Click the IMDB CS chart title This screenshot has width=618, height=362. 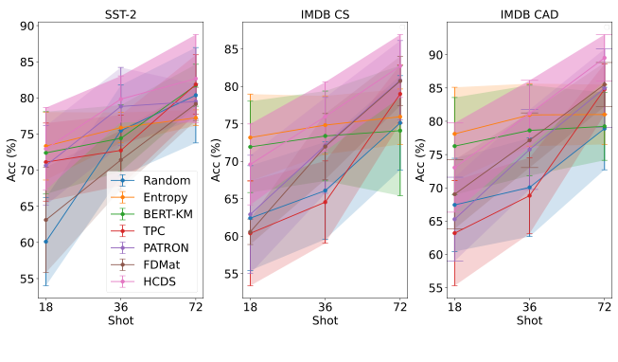325,11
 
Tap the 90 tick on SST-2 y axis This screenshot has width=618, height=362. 25,27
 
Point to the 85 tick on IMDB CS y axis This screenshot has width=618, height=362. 229,48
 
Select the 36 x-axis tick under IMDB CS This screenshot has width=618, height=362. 325,307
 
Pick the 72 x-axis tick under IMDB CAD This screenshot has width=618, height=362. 605,307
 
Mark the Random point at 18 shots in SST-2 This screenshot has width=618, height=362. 45,242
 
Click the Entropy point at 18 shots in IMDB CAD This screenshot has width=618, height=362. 454,134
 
